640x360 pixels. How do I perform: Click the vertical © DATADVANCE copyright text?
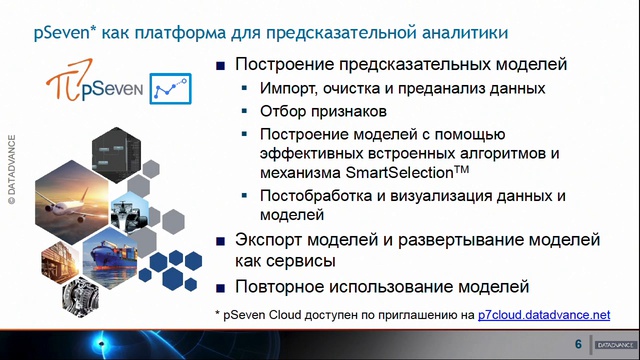pos(13,170)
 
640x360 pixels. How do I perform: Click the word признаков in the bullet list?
pos(348,111)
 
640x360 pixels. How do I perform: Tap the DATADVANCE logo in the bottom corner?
pos(611,345)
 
